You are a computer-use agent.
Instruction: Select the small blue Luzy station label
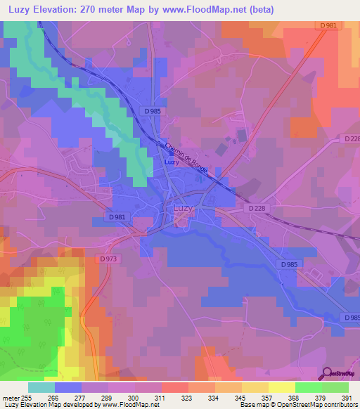coord(171,162)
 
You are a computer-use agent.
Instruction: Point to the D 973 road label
coord(108,259)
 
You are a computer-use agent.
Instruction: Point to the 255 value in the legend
coord(27,398)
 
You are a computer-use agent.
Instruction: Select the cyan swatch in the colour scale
coord(41,387)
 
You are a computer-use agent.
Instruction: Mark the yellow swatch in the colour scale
coord(282,387)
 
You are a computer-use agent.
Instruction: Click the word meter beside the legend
coord(10,398)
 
